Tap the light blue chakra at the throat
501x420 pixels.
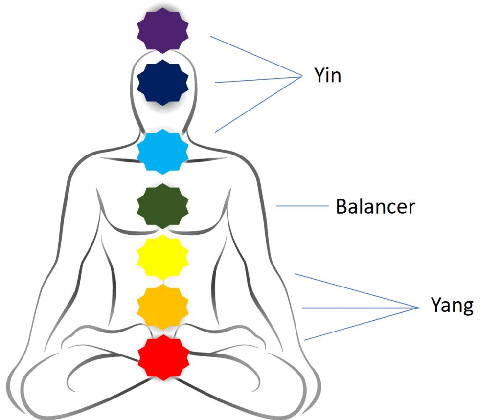pyautogui.click(x=162, y=152)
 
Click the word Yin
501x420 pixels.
pyautogui.click(x=327, y=76)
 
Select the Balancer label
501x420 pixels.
pyautogui.click(x=375, y=207)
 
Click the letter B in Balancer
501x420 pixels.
pyautogui.click(x=341, y=207)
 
